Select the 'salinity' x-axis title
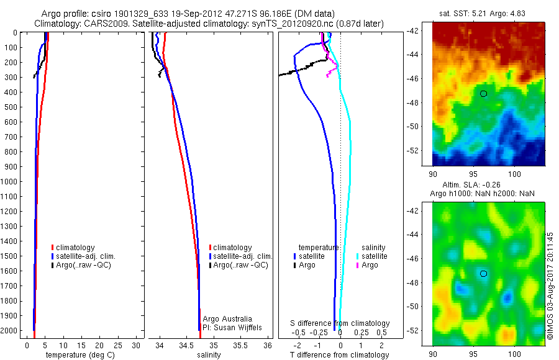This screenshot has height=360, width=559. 209,355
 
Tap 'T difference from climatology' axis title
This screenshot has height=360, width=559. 340,355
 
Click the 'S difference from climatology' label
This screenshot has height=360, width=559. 340,323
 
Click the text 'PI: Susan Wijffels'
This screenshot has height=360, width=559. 233,327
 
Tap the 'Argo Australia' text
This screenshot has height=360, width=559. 227,319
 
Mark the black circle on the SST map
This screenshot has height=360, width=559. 483,94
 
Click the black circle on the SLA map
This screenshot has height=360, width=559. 483,274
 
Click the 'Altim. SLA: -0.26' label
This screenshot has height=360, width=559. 483,185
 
